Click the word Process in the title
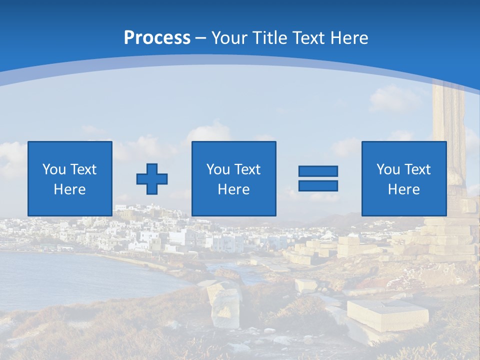click(x=157, y=37)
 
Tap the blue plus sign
click(x=152, y=179)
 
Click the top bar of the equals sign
click(x=318, y=171)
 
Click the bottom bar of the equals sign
click(x=318, y=185)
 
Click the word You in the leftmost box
click(x=54, y=169)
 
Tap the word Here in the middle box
click(x=233, y=189)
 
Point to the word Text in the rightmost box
click(x=417, y=169)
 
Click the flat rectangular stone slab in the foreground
click(x=387, y=313)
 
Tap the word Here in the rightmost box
click(x=403, y=189)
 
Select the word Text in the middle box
click(x=247, y=169)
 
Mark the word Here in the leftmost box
click(x=70, y=189)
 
